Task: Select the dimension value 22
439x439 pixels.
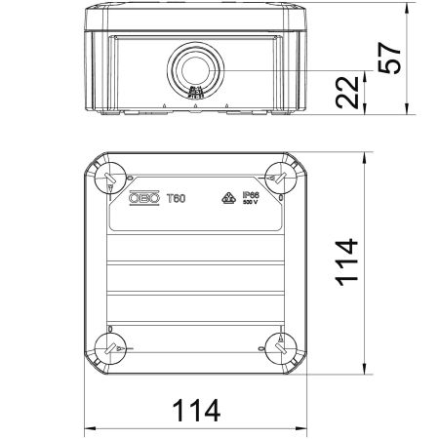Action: pyautogui.click(x=358, y=93)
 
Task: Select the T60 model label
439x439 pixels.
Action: pyautogui.click(x=176, y=198)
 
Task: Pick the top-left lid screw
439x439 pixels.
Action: pyautogui.click(x=109, y=177)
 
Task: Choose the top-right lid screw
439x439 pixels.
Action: pyautogui.click(x=278, y=177)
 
